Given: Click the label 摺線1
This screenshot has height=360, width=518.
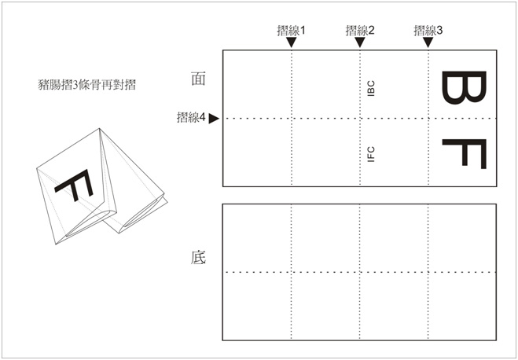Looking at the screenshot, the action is tap(291, 31).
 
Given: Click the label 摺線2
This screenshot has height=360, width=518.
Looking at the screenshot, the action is tap(360, 31).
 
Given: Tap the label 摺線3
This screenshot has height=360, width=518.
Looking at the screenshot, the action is tap(428, 31).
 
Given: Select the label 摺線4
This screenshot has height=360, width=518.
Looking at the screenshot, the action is tap(191, 117).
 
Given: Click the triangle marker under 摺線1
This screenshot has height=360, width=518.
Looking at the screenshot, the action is tap(291, 42).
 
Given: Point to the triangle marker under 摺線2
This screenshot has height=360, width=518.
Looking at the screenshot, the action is tap(360, 42).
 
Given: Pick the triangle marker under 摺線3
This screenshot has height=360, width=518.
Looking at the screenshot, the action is tap(428, 42).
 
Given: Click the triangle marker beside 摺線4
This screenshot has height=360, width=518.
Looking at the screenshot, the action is tap(214, 118).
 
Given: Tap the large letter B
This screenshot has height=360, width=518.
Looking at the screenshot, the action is tap(464, 87).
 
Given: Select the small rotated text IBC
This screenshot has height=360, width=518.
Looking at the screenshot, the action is tap(371, 88).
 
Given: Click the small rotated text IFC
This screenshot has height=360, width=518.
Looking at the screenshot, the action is tap(371, 154).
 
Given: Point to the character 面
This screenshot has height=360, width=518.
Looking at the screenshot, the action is tap(198, 79).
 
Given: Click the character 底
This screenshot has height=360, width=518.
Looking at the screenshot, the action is tap(198, 258).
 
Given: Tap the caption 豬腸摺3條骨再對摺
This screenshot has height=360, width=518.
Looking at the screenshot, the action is tap(87, 85).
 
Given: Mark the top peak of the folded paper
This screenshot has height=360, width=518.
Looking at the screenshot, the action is tap(100, 128).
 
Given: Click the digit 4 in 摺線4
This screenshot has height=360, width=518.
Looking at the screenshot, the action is tap(202, 117).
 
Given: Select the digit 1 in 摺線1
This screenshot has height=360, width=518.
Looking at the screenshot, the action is tap(303, 31).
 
